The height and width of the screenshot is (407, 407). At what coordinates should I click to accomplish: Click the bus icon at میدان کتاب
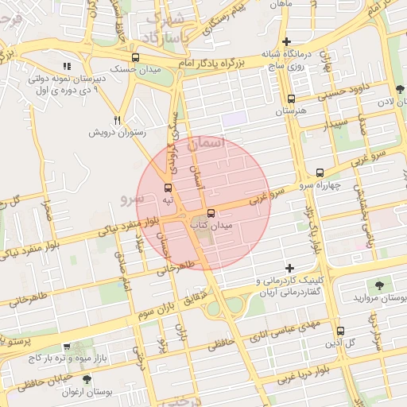click(x=211, y=213)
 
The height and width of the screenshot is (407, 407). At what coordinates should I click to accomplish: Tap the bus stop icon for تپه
click(x=168, y=188)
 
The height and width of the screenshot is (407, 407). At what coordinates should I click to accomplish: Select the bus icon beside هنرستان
click(x=291, y=99)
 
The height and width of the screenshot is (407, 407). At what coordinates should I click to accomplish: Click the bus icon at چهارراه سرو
click(x=320, y=172)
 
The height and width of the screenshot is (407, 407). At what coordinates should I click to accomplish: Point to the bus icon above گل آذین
click(x=340, y=331)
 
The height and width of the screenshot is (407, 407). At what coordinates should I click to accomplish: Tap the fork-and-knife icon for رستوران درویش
click(x=118, y=120)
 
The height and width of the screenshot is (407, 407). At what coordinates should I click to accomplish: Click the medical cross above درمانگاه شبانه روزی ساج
click(x=287, y=41)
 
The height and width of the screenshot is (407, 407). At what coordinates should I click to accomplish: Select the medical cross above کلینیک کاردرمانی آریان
click(x=290, y=268)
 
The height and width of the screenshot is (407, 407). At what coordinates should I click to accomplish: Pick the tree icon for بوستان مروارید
click(x=378, y=285)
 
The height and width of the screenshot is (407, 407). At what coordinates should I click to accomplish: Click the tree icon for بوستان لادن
click(x=398, y=89)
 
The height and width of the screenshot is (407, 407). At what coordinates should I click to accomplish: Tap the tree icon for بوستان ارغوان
click(x=86, y=379)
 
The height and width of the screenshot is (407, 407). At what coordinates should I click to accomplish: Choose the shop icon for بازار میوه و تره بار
click(x=67, y=347)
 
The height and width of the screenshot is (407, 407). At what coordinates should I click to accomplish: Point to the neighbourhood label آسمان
click(x=208, y=144)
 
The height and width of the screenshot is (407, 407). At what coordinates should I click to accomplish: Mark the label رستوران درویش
click(x=116, y=133)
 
